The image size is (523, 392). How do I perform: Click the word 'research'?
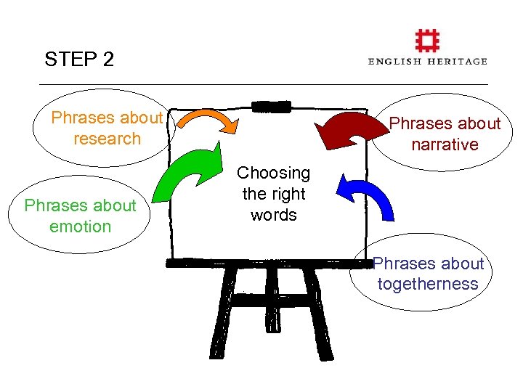[x=107, y=139]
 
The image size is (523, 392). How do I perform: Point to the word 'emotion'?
[x=80, y=226]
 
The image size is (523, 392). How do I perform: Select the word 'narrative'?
[x=445, y=144]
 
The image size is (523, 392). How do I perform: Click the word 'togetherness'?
[x=428, y=284]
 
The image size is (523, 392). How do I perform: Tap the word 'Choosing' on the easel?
[x=273, y=173]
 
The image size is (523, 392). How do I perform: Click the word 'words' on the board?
[x=273, y=215]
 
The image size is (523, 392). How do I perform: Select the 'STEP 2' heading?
[x=79, y=60]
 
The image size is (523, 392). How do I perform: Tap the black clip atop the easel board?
[x=270, y=107]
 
